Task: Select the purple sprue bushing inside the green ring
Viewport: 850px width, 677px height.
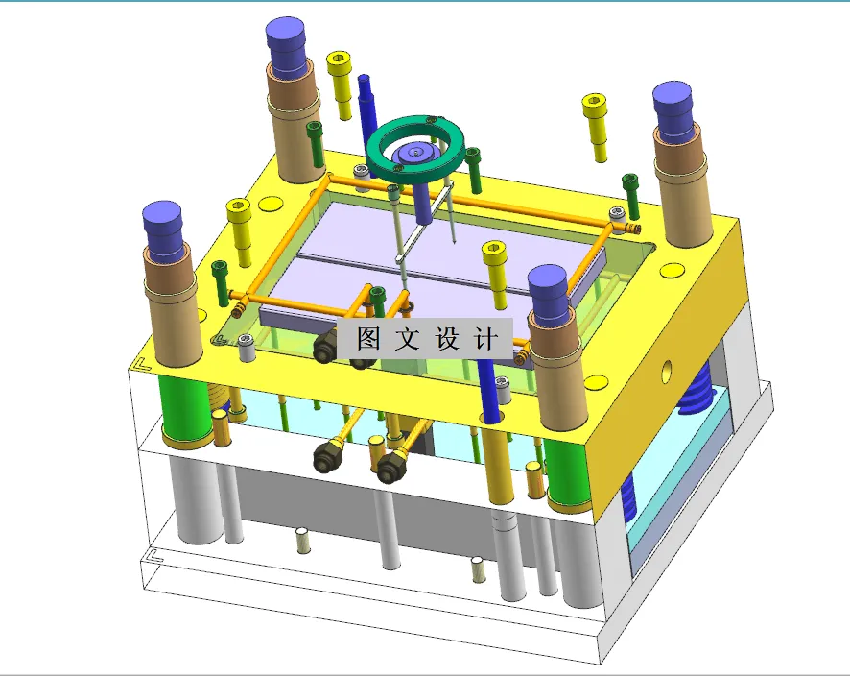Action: tap(417, 151)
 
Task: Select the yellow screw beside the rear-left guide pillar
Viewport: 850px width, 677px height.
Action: tap(340, 82)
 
